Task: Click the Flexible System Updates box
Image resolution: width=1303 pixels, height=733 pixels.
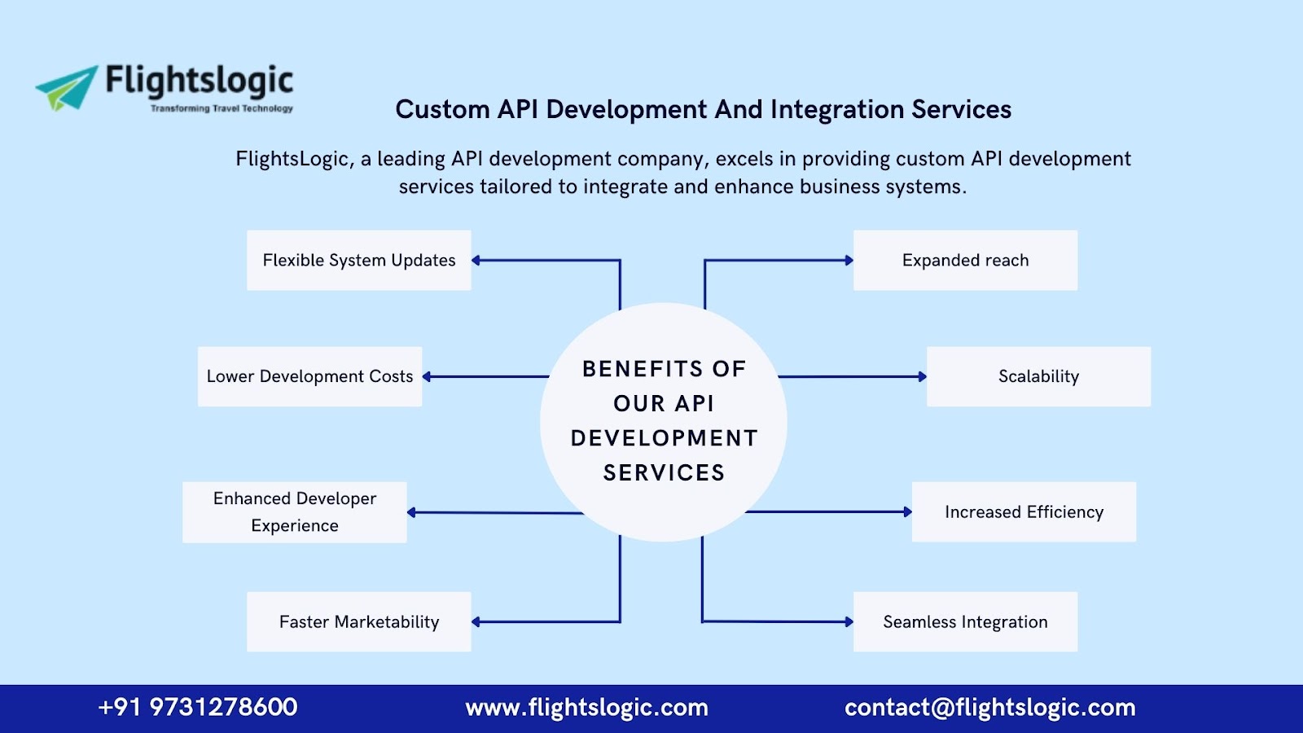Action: tap(358, 261)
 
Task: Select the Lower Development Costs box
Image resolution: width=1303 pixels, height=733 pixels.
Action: tap(309, 376)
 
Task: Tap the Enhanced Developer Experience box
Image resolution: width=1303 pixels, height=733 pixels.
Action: tap(294, 512)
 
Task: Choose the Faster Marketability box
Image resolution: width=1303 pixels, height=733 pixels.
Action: tap(358, 622)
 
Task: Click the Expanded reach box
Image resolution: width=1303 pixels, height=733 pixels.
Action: tap(965, 261)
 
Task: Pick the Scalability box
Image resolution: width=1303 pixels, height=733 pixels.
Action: tap(1038, 376)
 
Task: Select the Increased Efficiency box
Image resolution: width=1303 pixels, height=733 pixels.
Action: tap(1024, 512)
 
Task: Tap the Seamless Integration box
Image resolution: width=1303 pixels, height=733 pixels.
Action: tap(965, 622)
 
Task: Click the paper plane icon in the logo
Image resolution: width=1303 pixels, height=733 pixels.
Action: tap(67, 87)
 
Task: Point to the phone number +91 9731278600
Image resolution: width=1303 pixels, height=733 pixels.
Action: tap(198, 707)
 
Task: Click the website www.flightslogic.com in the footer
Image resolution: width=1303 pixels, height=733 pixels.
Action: tap(586, 708)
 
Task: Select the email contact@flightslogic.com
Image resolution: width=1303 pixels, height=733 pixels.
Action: tap(989, 708)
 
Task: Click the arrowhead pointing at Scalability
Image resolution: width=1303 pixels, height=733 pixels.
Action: tap(922, 377)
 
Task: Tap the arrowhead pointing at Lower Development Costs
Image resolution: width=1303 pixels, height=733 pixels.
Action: tap(427, 377)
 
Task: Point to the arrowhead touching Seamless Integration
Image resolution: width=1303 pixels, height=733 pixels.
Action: tap(849, 622)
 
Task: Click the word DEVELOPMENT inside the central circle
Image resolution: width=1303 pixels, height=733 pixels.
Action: tap(664, 438)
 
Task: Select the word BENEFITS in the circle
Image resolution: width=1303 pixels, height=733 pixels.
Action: tap(643, 369)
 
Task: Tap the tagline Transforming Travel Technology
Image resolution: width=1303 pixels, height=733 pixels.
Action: tap(222, 108)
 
